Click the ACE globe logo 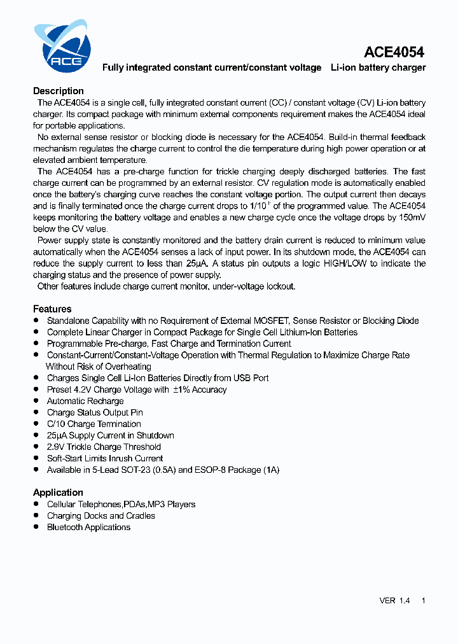click(62, 46)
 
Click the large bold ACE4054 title click(394, 52)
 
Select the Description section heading click(59, 91)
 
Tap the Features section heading click(52, 309)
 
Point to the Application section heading click(58, 493)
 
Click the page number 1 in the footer click(424, 601)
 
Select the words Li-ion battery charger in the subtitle click(378, 67)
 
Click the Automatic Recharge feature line click(85, 401)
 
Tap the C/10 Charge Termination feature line click(94, 424)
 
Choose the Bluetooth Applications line click(88, 527)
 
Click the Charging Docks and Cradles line click(101, 515)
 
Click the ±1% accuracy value click(181, 389)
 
